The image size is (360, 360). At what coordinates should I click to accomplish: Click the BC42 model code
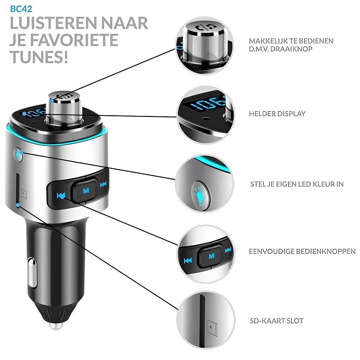[21, 9]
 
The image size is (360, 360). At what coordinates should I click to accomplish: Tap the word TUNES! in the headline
[39, 57]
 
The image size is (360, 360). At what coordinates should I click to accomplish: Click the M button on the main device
[86, 190]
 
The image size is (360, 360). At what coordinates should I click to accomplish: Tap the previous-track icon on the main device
[61, 195]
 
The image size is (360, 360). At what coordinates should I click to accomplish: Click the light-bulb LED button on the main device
[18, 154]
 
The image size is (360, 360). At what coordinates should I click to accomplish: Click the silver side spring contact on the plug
[32, 272]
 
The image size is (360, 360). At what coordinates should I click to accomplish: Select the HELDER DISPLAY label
[277, 114]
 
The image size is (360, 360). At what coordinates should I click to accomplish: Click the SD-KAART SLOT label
[276, 321]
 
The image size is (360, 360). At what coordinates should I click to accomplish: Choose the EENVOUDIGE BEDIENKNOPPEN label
[302, 251]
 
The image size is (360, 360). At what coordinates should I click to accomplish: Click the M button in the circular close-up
[211, 256]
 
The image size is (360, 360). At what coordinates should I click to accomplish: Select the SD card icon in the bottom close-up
[212, 328]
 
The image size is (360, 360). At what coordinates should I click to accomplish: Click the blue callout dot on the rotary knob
[52, 100]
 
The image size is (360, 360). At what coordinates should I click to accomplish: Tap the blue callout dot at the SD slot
[18, 205]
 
